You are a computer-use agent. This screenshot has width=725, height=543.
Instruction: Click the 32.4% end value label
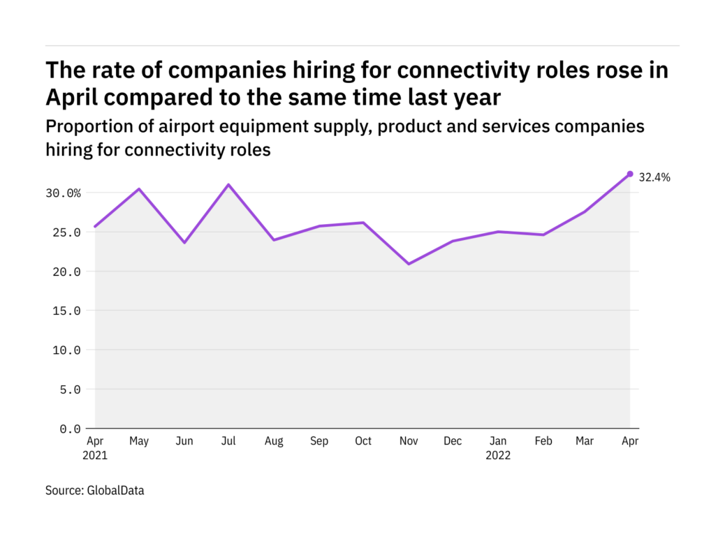coord(654,177)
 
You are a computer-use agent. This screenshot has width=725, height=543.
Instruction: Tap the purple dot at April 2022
coord(630,174)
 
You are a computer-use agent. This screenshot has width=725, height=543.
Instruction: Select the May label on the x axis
coord(139,441)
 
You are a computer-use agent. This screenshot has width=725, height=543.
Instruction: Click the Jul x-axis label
coord(228,441)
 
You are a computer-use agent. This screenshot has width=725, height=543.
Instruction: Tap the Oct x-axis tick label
coord(362,441)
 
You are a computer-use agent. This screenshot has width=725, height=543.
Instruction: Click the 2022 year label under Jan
coord(498,456)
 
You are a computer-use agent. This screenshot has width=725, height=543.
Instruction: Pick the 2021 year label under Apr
coord(95,456)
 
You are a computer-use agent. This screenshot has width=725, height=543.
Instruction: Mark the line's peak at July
coord(228,185)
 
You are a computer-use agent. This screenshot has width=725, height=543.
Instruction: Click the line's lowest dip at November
coord(408,264)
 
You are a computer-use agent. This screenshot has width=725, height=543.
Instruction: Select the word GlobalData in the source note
coord(115,491)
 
